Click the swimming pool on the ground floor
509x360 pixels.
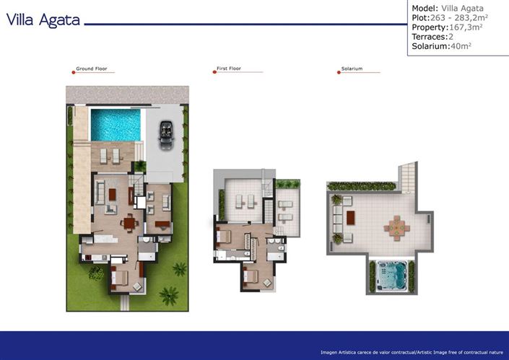click(116, 125)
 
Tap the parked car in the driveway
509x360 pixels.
click(165, 134)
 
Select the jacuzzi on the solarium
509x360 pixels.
click(392, 276)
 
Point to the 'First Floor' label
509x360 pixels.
click(228, 70)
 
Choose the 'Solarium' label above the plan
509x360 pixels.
click(352, 70)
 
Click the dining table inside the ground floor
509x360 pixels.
click(130, 222)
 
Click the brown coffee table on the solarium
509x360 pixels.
click(352, 216)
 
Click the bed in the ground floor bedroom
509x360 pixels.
click(119, 276)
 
